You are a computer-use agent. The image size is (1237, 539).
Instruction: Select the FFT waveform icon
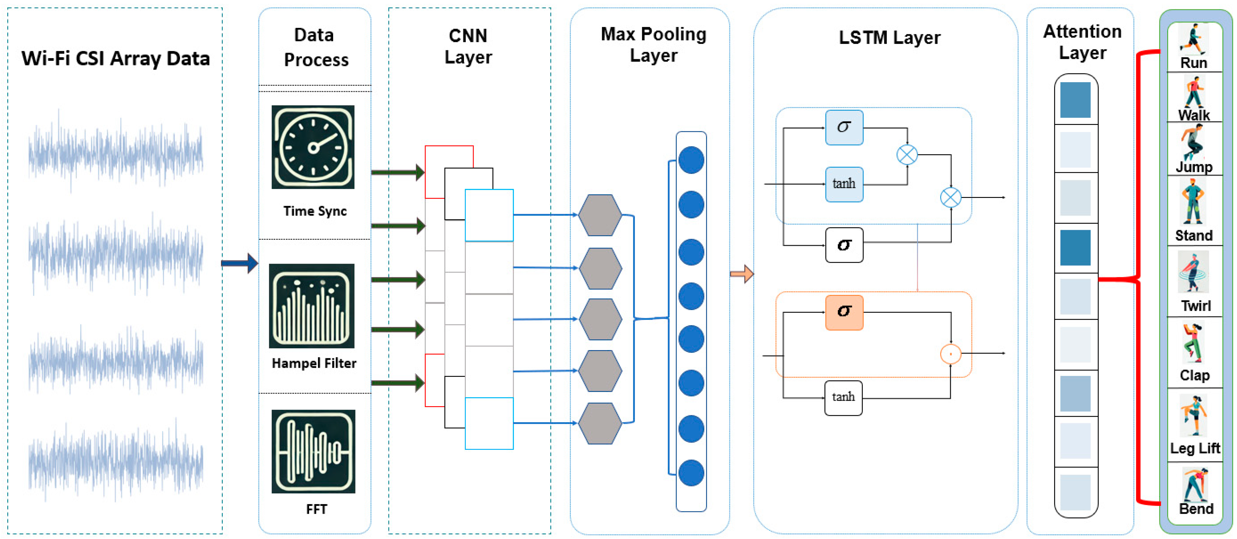coord(313,451)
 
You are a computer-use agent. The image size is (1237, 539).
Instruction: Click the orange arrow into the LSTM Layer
coord(742,274)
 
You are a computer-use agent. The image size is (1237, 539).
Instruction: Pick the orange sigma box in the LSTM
coord(844,312)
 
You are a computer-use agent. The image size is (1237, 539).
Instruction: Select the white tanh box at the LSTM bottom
coord(843,397)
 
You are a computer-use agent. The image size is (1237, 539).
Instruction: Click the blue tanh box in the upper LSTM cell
coord(844,184)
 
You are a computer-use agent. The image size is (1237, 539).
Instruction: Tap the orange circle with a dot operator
coord(950,354)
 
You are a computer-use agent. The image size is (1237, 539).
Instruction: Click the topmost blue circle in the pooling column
coord(691,160)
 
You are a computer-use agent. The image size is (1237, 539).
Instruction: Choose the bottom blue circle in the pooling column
coord(691,473)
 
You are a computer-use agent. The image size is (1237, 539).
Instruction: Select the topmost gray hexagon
coord(599,215)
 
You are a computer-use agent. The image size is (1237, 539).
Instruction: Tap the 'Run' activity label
coord(1193,63)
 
